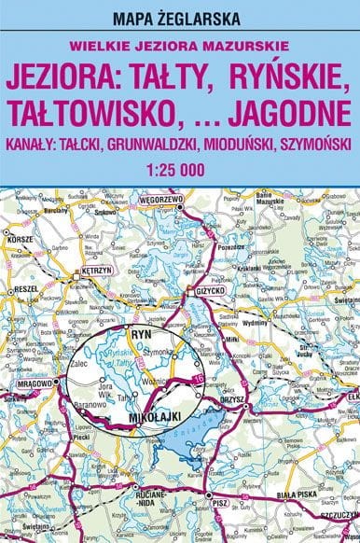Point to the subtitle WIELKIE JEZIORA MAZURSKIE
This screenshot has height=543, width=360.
pos(179,44)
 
